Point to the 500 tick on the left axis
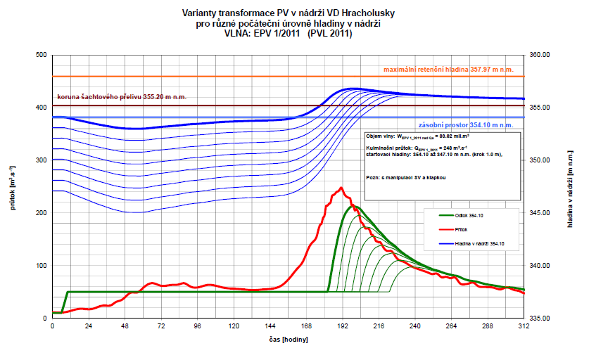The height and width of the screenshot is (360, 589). (x=42, y=55)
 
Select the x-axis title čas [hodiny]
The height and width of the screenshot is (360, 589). (x=287, y=338)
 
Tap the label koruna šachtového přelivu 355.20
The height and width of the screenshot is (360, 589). (x=122, y=98)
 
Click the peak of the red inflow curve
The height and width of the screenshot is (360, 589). (x=341, y=187)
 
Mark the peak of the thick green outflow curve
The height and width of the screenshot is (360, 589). (x=354, y=206)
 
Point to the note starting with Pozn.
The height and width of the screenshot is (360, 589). (x=406, y=177)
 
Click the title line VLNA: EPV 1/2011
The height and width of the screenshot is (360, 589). (x=288, y=33)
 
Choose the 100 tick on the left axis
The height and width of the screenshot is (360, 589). (x=42, y=266)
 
